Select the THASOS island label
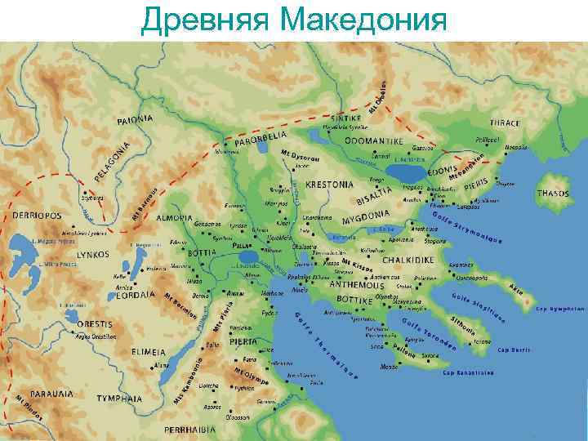pyautogui.click(x=553, y=194)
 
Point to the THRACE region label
pyautogui.click(x=505, y=123)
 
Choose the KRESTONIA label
pyautogui.click(x=327, y=185)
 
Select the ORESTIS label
pyautogui.click(x=95, y=324)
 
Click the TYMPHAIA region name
pyautogui.click(x=119, y=399)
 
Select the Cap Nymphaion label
pyautogui.click(x=559, y=310)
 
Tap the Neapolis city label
pyautogui.click(x=516, y=148)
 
